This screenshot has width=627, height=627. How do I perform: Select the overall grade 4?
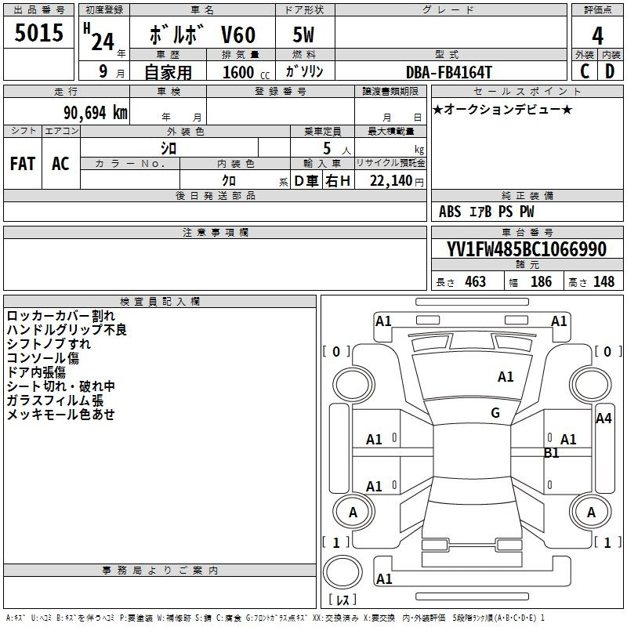[597, 36]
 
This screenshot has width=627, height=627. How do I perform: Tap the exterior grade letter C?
[584, 71]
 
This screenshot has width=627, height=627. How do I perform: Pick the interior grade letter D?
[610, 71]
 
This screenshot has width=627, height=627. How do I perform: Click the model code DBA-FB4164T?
[450, 72]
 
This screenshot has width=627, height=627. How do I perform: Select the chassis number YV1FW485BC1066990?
[527, 250]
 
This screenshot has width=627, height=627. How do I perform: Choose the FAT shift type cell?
[23, 164]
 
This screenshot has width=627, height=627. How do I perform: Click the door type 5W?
[303, 35]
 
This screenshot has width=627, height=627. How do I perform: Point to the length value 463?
[475, 282]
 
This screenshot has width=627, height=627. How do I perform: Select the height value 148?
[603, 282]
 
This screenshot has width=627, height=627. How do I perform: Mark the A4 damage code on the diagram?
[603, 419]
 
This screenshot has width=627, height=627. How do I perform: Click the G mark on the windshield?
[495, 413]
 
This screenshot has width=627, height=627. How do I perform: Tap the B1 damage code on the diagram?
[552, 452]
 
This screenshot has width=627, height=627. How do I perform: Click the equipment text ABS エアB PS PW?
[487, 212]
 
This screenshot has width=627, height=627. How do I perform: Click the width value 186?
[541, 282]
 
